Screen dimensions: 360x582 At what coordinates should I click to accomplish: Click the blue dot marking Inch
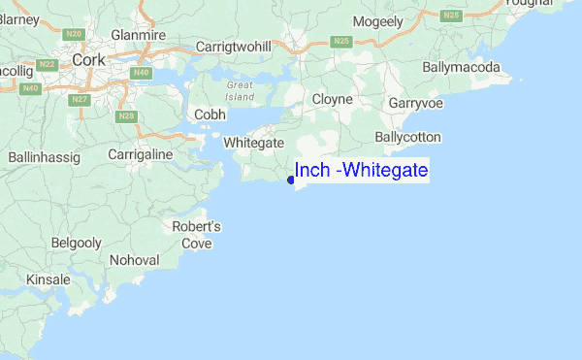pyautogui.click(x=291, y=180)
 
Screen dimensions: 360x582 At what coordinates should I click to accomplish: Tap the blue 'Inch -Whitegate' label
pyautogui.click(x=361, y=171)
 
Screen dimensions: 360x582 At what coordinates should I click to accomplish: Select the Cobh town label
pyautogui.click(x=210, y=115)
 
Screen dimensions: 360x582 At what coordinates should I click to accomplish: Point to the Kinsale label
pyautogui.click(x=48, y=279)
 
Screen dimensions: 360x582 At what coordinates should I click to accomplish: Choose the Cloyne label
pyautogui.click(x=333, y=99)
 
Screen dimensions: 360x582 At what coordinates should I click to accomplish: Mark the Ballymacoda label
pyautogui.click(x=462, y=68)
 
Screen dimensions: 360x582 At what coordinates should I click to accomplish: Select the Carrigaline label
pyautogui.click(x=141, y=154)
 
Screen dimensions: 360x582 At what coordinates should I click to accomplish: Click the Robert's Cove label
pyautogui.click(x=197, y=235)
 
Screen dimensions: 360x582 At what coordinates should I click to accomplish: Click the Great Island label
pyautogui.click(x=240, y=91)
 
